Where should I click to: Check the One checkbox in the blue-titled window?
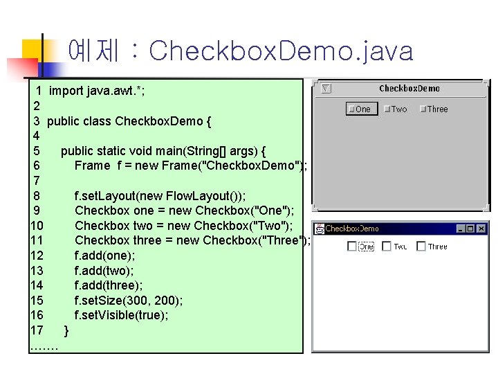(x=352, y=246)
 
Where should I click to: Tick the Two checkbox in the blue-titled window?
(x=387, y=246)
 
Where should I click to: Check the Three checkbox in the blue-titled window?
(x=421, y=246)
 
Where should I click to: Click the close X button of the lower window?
(x=481, y=229)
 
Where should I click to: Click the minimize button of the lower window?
(x=459, y=229)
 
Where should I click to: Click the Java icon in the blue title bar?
(x=320, y=229)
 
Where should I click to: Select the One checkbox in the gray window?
(x=351, y=109)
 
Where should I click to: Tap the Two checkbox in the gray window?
(x=388, y=109)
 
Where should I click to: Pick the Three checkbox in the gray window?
(x=423, y=109)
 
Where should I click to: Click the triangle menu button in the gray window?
(x=327, y=89)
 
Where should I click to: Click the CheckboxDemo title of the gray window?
(x=409, y=89)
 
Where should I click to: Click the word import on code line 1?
(x=66, y=91)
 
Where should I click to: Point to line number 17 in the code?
(x=37, y=330)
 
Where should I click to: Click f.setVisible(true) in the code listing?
(x=121, y=315)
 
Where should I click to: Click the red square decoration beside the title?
(x=21, y=66)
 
